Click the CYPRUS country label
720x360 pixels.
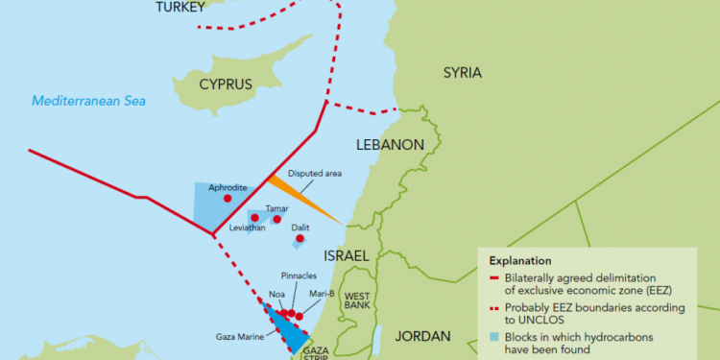point(226,84)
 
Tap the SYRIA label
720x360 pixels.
point(462,73)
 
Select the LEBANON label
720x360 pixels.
point(390,145)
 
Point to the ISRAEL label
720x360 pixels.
point(346,256)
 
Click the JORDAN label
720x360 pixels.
point(422,336)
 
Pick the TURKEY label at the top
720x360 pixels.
point(180,8)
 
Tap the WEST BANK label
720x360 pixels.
point(357,300)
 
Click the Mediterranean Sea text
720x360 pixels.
point(86,101)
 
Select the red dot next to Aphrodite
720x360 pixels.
point(228,199)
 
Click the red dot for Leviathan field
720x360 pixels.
point(254,218)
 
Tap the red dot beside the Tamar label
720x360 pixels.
point(277,219)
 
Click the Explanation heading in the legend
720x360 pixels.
point(519,260)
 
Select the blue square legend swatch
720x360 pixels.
point(493,338)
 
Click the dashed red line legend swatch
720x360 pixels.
point(493,308)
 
